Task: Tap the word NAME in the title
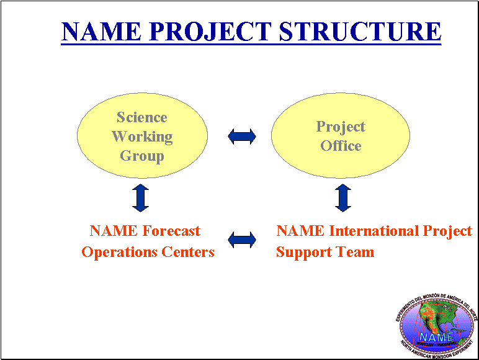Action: (100, 31)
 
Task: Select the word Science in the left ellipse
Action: (142, 117)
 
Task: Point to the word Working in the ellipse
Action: (142, 137)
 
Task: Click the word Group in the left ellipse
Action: (142, 156)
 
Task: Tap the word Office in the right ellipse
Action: (341, 146)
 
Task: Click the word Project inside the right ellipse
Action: (341, 127)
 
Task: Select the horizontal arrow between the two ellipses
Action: (242, 137)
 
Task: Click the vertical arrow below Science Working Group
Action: (141, 197)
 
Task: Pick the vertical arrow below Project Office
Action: (342, 197)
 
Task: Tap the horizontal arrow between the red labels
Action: (242, 240)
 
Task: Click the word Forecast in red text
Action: (171, 231)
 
